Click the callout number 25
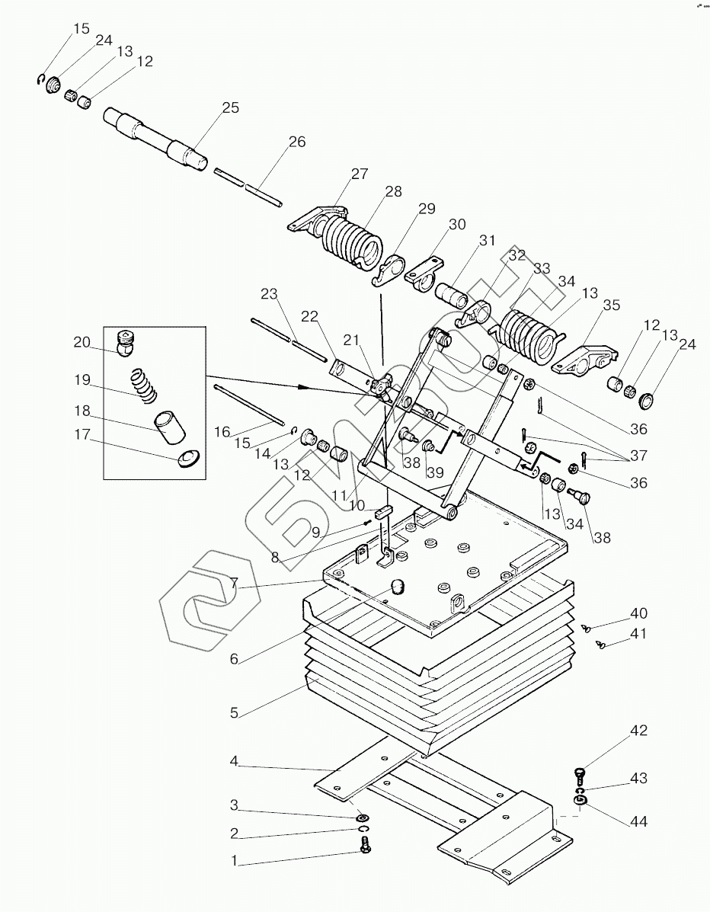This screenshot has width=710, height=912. click(x=230, y=107)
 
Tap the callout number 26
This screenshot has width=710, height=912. click(x=296, y=142)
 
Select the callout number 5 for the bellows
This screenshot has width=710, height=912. click(x=234, y=712)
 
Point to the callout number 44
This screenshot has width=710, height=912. click(x=638, y=821)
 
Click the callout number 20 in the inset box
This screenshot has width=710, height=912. click(x=82, y=342)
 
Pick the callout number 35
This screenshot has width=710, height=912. click(x=611, y=305)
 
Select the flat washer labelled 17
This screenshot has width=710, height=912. click(x=188, y=459)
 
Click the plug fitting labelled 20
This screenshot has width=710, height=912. click(x=126, y=343)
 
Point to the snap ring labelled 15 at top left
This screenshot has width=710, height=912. click(x=40, y=80)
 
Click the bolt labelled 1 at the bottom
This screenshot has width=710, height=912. click(x=365, y=844)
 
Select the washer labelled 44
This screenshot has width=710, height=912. click(x=578, y=802)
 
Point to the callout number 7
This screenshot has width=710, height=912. click(x=234, y=584)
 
